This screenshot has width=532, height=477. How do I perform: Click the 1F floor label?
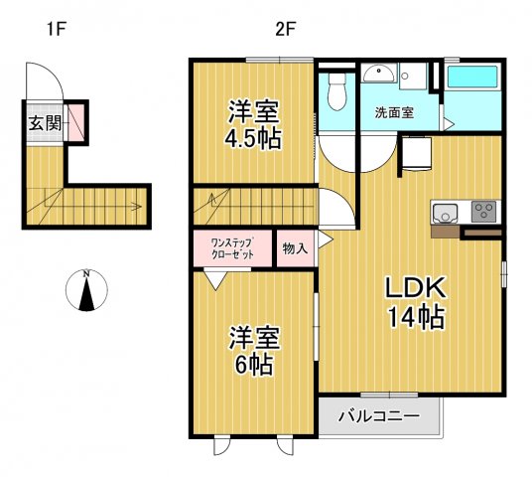54,28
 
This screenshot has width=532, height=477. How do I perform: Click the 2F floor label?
285,28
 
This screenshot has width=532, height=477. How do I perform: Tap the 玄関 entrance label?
43,124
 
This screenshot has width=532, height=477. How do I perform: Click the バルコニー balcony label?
377,415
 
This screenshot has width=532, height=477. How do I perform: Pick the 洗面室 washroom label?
394,112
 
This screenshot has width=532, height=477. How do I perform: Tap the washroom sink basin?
379,75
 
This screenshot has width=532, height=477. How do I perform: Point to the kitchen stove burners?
485,211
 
